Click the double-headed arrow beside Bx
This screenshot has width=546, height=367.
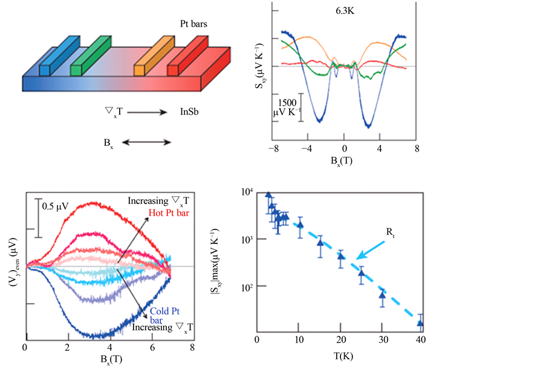coord(147,142)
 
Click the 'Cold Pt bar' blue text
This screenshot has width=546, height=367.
coord(160,315)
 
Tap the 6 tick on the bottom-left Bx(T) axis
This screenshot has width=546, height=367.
coord(150,348)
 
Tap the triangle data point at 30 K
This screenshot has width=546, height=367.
coord(382,295)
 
